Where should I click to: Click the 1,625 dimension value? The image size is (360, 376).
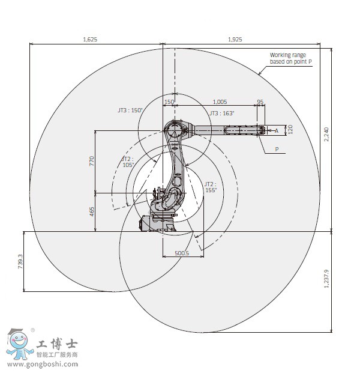[x=90, y=39]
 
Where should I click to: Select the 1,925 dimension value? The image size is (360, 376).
[x=235, y=39]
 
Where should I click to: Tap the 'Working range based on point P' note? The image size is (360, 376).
[x=291, y=58]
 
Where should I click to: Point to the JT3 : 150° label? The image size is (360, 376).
[x=130, y=111]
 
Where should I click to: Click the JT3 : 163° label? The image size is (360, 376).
[x=222, y=113]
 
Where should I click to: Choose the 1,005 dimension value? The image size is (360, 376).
[x=220, y=102]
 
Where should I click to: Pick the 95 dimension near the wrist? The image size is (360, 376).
[x=260, y=102]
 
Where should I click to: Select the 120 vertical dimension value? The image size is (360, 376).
[x=290, y=129]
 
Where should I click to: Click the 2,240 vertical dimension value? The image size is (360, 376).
[x=326, y=134]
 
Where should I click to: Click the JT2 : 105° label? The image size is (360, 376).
[x=127, y=162]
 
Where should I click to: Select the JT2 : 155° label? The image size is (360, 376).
[x=210, y=187]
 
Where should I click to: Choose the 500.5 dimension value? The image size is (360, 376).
[x=182, y=253]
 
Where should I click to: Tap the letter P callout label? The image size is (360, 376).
[x=277, y=149]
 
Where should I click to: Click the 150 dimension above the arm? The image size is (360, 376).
[x=169, y=102]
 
